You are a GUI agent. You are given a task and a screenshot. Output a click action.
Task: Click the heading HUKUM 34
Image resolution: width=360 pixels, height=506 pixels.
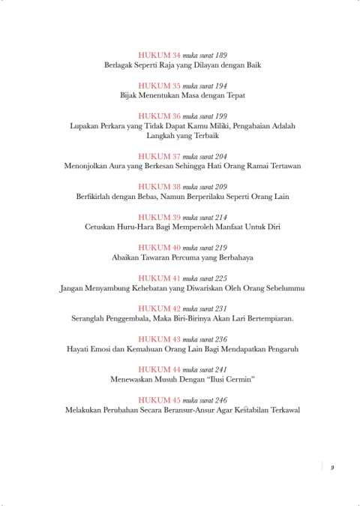[x=160, y=56]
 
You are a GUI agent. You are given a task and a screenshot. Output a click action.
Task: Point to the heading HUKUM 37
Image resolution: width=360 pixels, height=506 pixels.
[x=160, y=155]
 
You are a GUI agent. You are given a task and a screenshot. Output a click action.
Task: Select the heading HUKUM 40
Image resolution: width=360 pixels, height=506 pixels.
[x=160, y=247]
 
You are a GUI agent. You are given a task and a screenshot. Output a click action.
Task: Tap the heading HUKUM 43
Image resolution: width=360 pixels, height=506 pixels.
[x=160, y=339]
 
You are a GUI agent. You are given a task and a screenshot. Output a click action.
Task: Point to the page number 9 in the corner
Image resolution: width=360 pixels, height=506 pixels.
[x=331, y=468]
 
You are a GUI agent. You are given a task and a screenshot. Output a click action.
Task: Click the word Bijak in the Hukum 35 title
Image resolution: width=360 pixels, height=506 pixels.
[x=132, y=95]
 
